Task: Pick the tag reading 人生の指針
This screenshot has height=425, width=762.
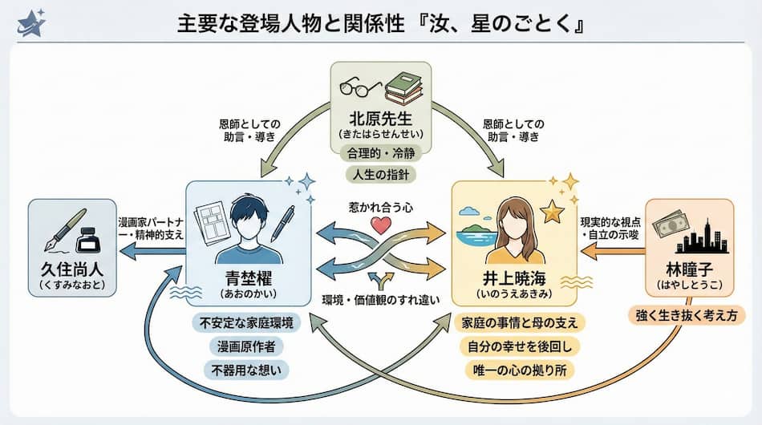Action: point(380,175)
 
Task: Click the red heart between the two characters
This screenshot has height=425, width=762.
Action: point(381,225)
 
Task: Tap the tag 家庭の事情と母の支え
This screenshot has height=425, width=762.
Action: point(520,323)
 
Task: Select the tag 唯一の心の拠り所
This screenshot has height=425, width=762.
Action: point(520,370)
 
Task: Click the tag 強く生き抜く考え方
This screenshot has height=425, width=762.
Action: point(687,315)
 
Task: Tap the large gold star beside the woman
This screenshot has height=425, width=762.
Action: point(551,213)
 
